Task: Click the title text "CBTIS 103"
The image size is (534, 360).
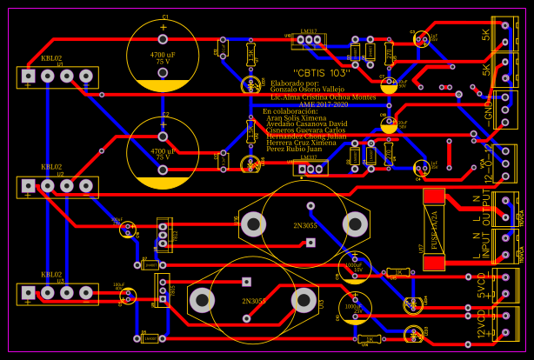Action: click(321, 72)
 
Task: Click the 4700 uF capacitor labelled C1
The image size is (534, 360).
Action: click(163, 57)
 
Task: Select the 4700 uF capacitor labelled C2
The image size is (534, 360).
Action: click(163, 152)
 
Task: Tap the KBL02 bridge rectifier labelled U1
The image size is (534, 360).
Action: click(57, 77)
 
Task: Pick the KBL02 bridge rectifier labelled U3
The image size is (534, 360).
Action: click(57, 293)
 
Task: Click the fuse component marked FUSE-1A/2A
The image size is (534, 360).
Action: click(433, 230)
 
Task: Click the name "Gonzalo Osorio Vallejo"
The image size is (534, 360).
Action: click(307, 90)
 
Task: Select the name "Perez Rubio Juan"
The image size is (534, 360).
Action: click(294, 149)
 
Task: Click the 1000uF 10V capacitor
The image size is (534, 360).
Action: click(355, 266)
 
